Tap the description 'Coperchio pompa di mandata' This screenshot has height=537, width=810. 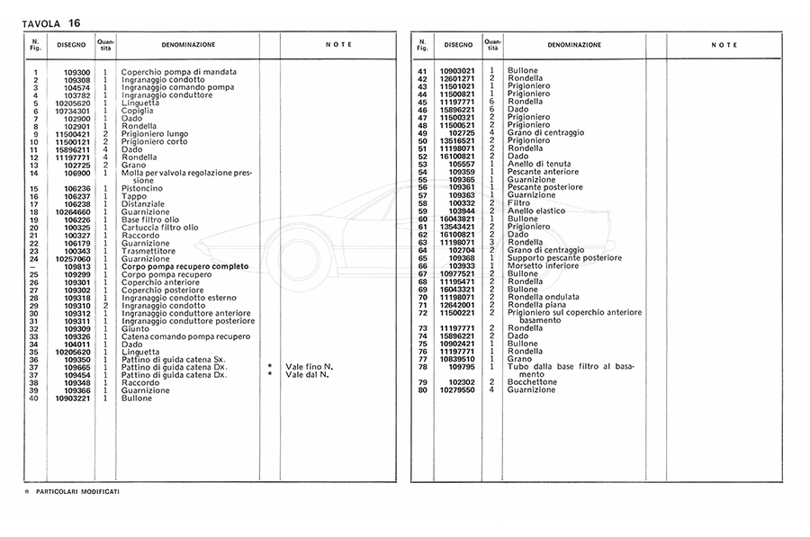tap(179, 72)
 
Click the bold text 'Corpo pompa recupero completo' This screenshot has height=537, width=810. tap(185, 266)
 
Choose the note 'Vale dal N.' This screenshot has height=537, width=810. tap(308, 374)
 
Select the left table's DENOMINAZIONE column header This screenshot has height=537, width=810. tap(188, 44)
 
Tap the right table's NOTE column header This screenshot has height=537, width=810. tap(724, 44)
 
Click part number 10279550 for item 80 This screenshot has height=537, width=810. tap(457, 389)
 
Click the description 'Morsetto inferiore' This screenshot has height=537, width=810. tap(544, 266)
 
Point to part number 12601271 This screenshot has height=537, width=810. tap(457, 78)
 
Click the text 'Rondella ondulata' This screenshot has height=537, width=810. tap(543, 297)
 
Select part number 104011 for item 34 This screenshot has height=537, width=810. tap(77, 344)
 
